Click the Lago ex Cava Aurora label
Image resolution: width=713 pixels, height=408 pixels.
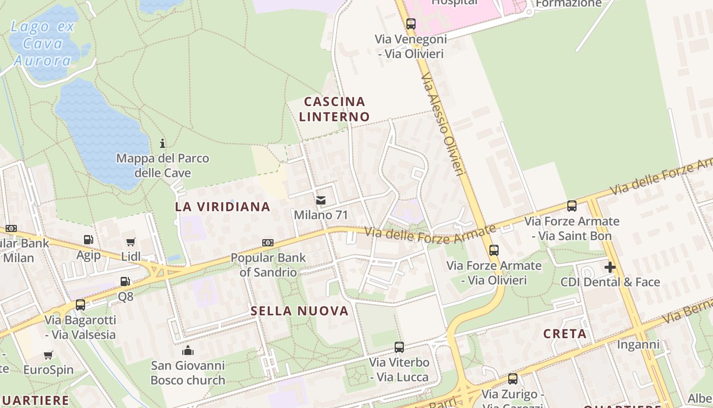[43, 44]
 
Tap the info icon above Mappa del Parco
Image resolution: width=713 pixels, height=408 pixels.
[162, 143]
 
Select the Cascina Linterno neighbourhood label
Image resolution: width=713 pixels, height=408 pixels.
[334, 109]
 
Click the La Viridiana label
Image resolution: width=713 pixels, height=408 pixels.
[223, 207]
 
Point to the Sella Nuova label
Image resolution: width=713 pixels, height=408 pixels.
[299, 311]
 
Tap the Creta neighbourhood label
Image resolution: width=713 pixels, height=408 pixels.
[565, 334]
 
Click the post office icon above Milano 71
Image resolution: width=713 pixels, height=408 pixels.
[321, 200]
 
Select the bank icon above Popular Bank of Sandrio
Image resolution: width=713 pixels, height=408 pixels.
[268, 243]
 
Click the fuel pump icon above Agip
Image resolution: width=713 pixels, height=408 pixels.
[88, 239]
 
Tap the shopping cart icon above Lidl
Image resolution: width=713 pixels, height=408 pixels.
[131, 242]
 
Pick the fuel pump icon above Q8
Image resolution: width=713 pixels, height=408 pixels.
[125, 281]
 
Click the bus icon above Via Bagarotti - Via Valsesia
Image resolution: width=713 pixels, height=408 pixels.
[80, 305]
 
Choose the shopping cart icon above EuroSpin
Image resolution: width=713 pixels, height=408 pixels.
[48, 355]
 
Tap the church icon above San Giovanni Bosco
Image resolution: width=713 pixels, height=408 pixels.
[188, 350]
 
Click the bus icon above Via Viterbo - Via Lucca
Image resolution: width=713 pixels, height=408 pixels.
[399, 347]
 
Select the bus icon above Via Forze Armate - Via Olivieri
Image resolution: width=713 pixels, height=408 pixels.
[493, 250]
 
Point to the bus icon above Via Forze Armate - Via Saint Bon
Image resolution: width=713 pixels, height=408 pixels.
[572, 206]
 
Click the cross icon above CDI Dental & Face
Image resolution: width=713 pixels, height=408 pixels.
[610, 267]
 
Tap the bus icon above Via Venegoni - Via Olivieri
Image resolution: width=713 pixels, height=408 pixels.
[411, 23]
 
